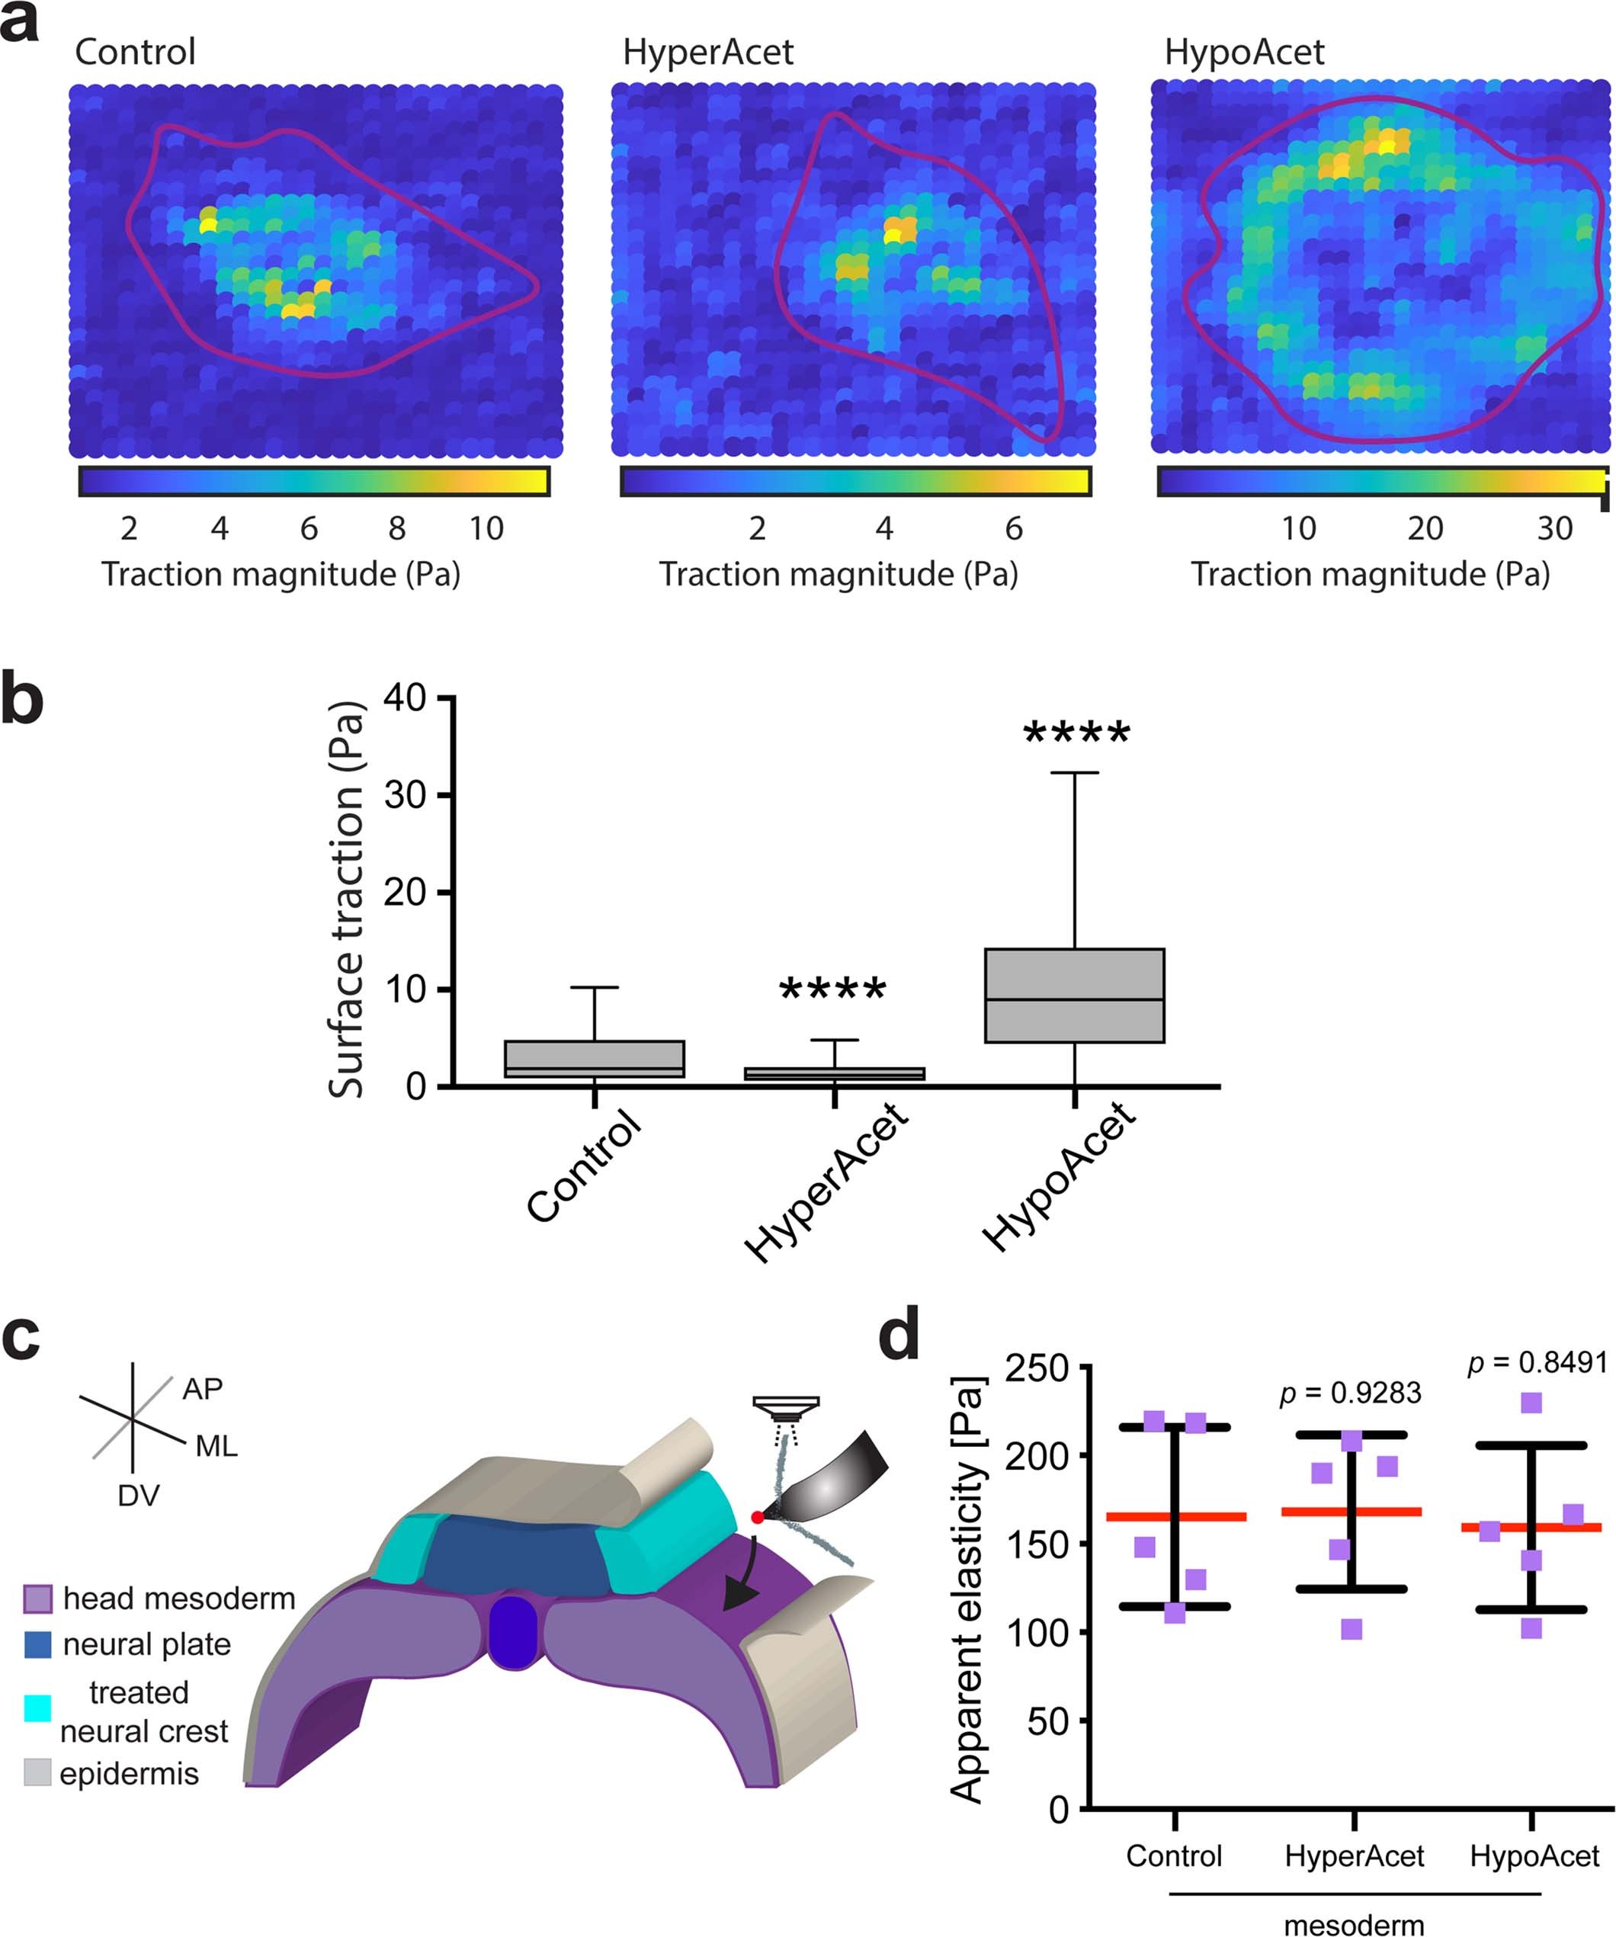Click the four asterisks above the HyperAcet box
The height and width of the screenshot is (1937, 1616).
[x=833, y=989]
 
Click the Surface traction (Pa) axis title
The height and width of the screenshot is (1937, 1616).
[x=347, y=899]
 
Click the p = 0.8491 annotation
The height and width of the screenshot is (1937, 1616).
[x=1537, y=1362]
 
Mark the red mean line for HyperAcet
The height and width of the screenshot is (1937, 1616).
[x=1352, y=1512]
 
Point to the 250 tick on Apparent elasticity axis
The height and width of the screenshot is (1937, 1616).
[x=1036, y=1368]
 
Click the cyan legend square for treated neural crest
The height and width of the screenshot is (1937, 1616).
[x=37, y=1708]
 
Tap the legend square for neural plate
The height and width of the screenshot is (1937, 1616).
[x=37, y=1644]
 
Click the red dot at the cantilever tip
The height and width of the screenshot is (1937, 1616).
[x=756, y=1517]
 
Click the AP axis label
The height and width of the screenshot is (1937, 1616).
[x=202, y=1388]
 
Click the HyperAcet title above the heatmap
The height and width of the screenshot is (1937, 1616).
[x=707, y=53]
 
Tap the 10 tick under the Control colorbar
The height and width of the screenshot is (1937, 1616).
[x=486, y=528]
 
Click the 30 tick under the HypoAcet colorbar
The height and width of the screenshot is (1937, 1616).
[x=1554, y=528]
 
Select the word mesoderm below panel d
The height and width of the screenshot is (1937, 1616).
[x=1353, y=1924]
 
